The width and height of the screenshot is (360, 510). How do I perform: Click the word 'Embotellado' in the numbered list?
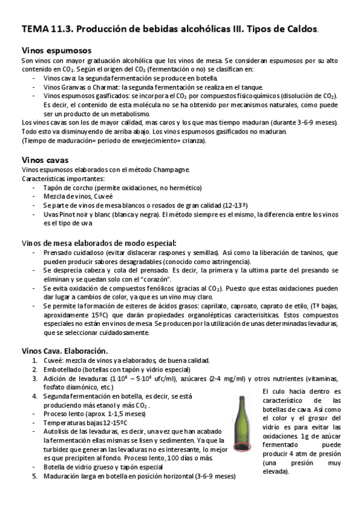click(63, 369)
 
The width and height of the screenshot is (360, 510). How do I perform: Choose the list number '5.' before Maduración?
click(35, 476)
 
